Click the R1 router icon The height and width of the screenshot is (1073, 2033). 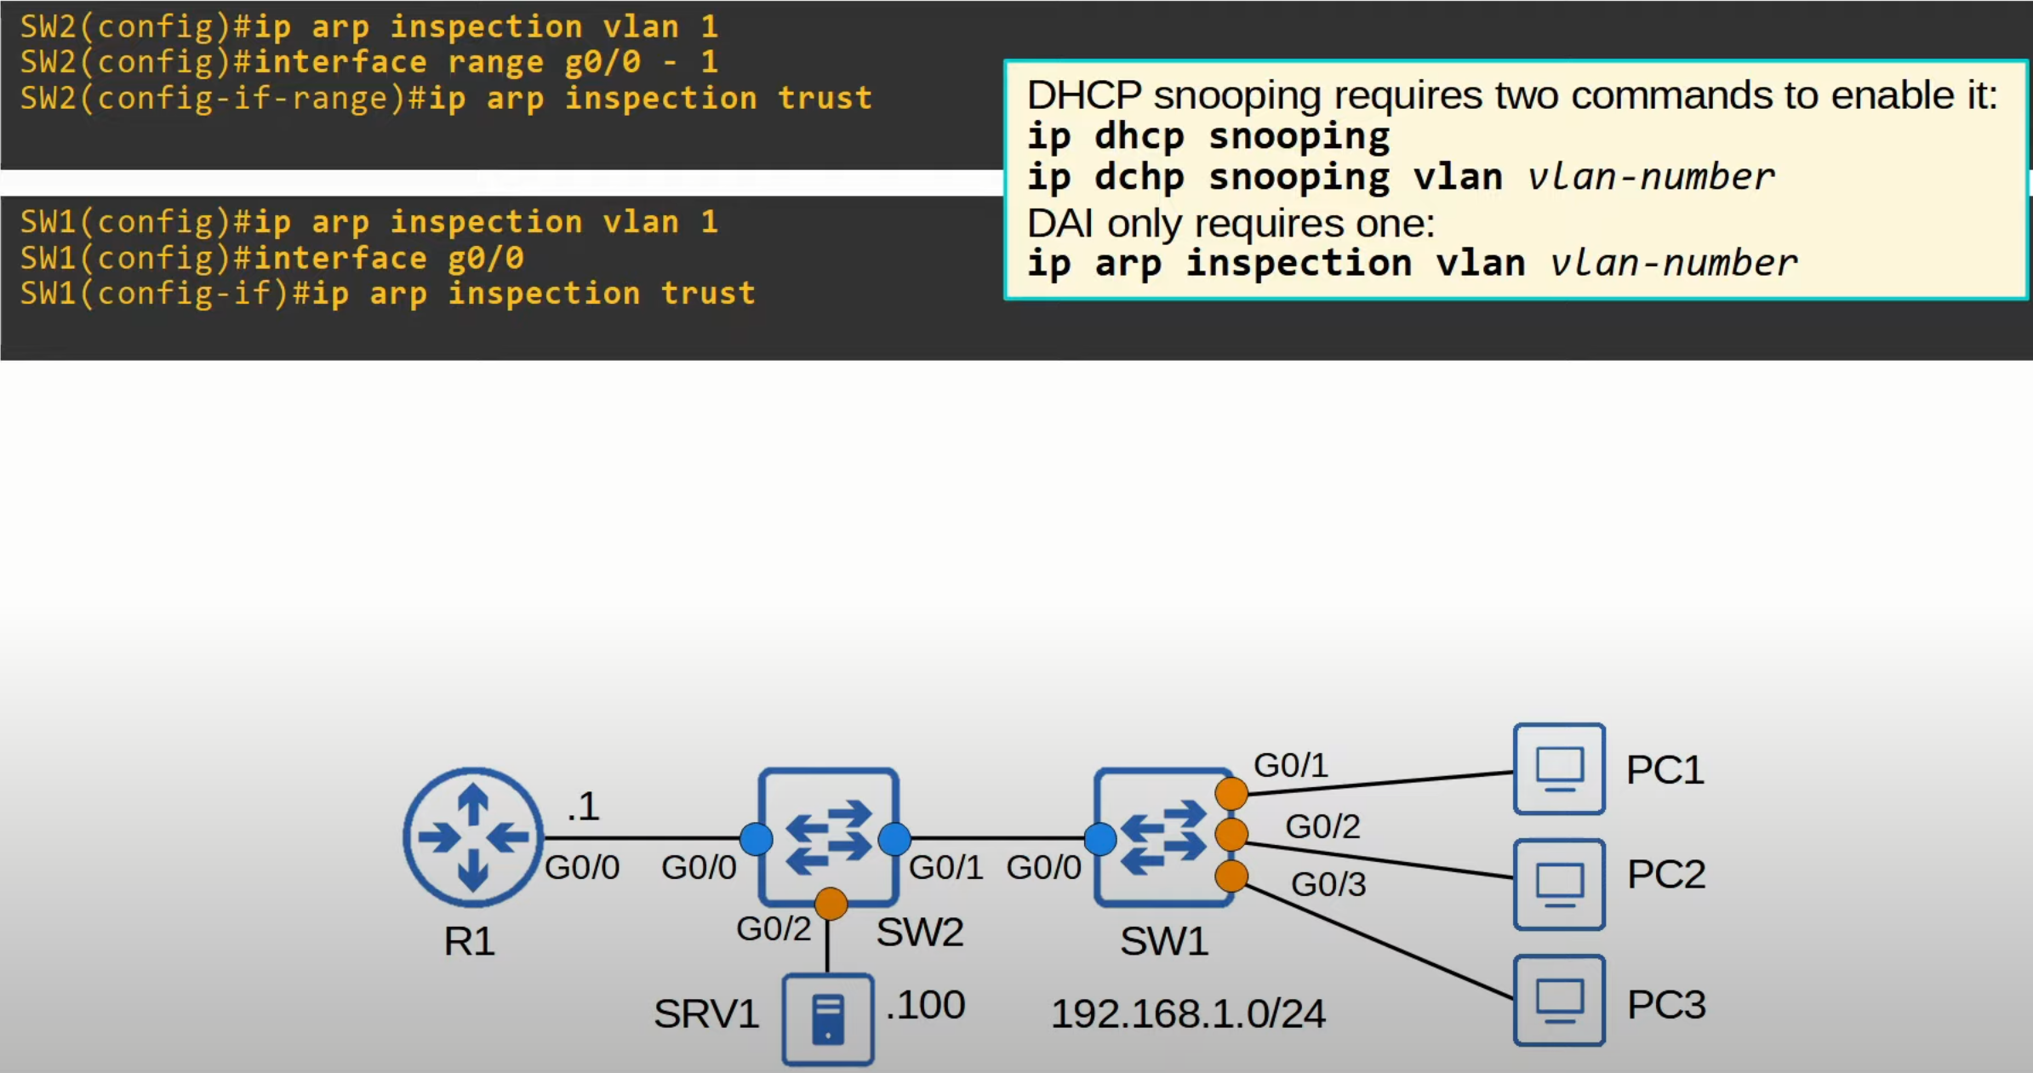(473, 837)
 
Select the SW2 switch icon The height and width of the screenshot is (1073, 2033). (828, 837)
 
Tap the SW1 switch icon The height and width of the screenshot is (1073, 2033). (1164, 837)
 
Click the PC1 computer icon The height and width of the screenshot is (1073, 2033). (1559, 769)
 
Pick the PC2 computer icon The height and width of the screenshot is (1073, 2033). (1559, 884)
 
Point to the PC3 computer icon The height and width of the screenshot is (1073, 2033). (1559, 1000)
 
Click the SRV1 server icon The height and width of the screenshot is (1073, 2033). (828, 1019)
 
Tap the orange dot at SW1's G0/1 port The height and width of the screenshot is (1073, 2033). (1231, 793)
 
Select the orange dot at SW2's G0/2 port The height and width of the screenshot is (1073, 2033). (831, 904)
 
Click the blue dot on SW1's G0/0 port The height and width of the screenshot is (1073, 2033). (1100, 839)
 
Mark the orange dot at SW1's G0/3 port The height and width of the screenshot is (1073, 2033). (1231, 876)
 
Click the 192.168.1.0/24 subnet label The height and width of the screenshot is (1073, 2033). (1188, 1013)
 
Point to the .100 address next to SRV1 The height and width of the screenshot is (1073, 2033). (925, 1005)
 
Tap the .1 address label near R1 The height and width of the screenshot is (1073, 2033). (584, 806)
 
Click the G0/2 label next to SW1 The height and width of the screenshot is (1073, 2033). (1322, 826)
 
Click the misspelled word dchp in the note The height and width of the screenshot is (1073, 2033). (1139, 177)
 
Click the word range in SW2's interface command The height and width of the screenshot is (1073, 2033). (495, 63)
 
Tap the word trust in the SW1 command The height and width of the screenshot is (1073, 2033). (708, 294)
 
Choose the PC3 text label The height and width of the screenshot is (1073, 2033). (1666, 1005)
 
